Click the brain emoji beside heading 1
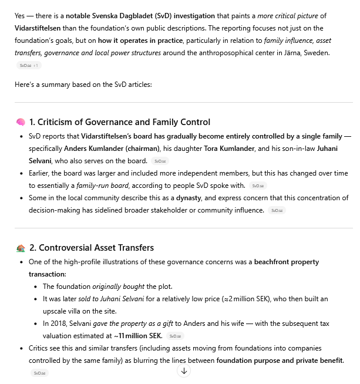21,122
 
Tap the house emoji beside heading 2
21,248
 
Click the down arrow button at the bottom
184,370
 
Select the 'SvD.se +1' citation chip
28,65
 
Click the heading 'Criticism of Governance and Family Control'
119,122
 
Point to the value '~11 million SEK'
139,335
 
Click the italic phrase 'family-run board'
103,185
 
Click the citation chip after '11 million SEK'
174,336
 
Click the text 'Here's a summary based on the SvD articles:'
83,85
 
